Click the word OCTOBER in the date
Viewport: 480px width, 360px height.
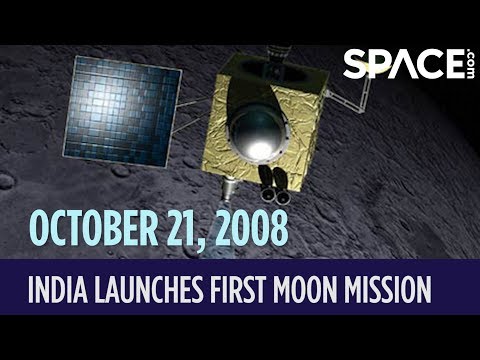pyautogui.click(x=94, y=228)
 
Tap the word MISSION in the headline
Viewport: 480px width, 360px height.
pyautogui.click(x=398, y=290)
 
